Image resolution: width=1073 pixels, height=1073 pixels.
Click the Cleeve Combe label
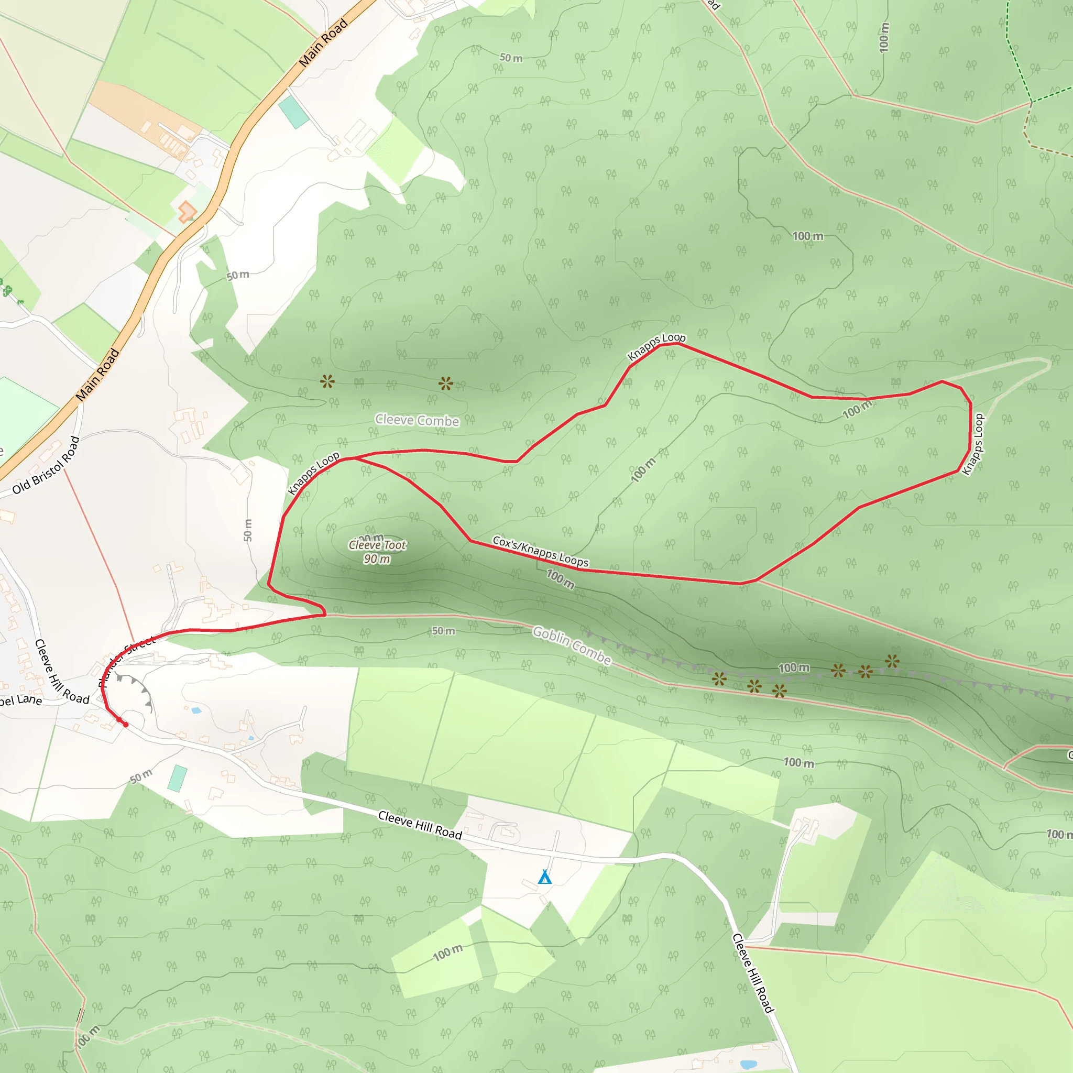coord(417,420)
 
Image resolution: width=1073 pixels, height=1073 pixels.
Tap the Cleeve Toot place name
coord(378,545)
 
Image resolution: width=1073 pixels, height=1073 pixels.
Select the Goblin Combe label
coord(572,645)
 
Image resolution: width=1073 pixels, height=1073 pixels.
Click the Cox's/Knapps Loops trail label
coord(540,552)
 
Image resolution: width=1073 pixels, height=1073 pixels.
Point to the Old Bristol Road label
coord(46,465)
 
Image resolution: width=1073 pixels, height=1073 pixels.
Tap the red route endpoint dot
coord(126,725)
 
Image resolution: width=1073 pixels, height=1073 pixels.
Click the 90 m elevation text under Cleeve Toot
coord(377,559)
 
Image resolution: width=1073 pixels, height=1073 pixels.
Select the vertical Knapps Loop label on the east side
coord(973,444)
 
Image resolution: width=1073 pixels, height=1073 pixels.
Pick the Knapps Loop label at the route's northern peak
coord(656,346)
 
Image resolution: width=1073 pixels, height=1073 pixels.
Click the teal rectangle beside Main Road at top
coord(294,112)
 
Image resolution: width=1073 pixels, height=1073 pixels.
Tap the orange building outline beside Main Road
coord(187,212)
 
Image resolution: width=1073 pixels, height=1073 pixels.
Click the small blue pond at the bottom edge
coord(748,1065)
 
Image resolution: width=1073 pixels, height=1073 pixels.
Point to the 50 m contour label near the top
coord(511,58)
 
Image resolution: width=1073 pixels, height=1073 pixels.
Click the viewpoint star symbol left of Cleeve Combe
coord(327,381)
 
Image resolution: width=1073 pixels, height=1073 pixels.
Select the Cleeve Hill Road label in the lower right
coord(753,973)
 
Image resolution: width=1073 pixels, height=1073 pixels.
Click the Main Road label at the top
coord(323,43)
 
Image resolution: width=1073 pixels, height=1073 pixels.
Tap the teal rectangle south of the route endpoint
coord(178,778)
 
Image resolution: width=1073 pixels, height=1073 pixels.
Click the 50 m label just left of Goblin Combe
coord(443,631)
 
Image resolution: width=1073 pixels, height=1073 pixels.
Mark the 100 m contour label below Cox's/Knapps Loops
coord(561,579)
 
